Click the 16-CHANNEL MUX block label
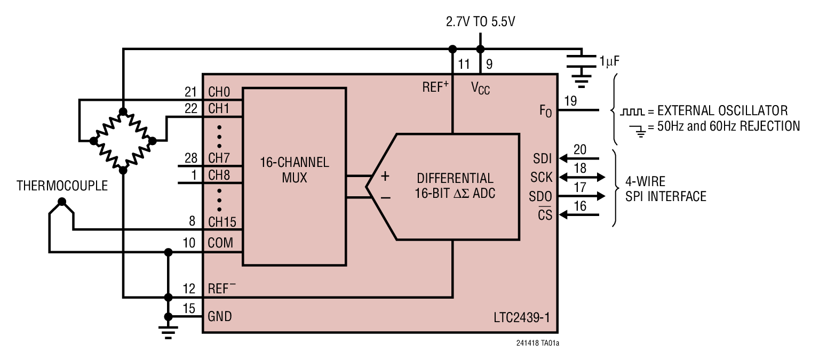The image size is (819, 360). click(x=295, y=170)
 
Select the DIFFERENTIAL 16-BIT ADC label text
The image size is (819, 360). click(x=455, y=186)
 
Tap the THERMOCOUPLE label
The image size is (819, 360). click(x=62, y=186)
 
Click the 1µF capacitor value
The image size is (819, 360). click(x=609, y=61)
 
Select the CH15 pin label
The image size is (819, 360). click(x=222, y=221)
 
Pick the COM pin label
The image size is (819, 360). click(x=220, y=243)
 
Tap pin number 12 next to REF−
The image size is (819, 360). click(x=189, y=289)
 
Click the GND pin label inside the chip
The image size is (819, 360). click(x=220, y=316)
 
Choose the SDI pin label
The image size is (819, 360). click(x=542, y=158)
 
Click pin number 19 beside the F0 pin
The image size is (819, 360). click(x=570, y=101)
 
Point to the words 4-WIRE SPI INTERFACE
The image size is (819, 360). click(x=665, y=189)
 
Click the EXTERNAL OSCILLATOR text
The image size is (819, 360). click(x=722, y=111)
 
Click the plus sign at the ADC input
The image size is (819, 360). click(x=385, y=177)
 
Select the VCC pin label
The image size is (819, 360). click(x=480, y=89)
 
